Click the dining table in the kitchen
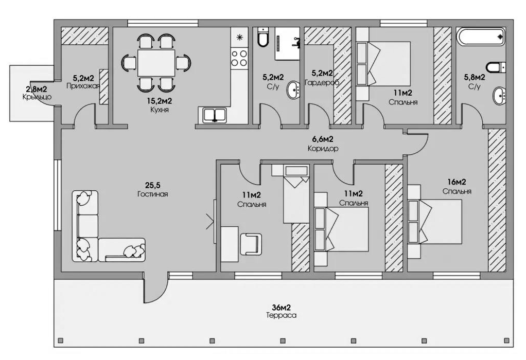pyautogui.click(x=156, y=63)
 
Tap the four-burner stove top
pyautogui.click(x=239, y=58)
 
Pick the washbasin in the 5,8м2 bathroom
pyautogui.click(x=499, y=96)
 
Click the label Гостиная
pyautogui.click(x=153, y=194)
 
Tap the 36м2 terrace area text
pyautogui.click(x=281, y=308)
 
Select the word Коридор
pyautogui.click(x=323, y=148)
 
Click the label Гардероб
pyautogui.click(x=322, y=82)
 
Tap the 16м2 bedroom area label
pyautogui.click(x=457, y=182)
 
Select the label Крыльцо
pyautogui.click(x=37, y=97)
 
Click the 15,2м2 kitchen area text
pyautogui.click(x=160, y=101)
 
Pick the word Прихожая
pyautogui.click(x=83, y=86)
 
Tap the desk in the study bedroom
pyautogui.click(x=230, y=244)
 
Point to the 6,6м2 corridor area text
pyautogui.click(x=322, y=139)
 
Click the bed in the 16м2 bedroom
pyautogui.click(x=435, y=222)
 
